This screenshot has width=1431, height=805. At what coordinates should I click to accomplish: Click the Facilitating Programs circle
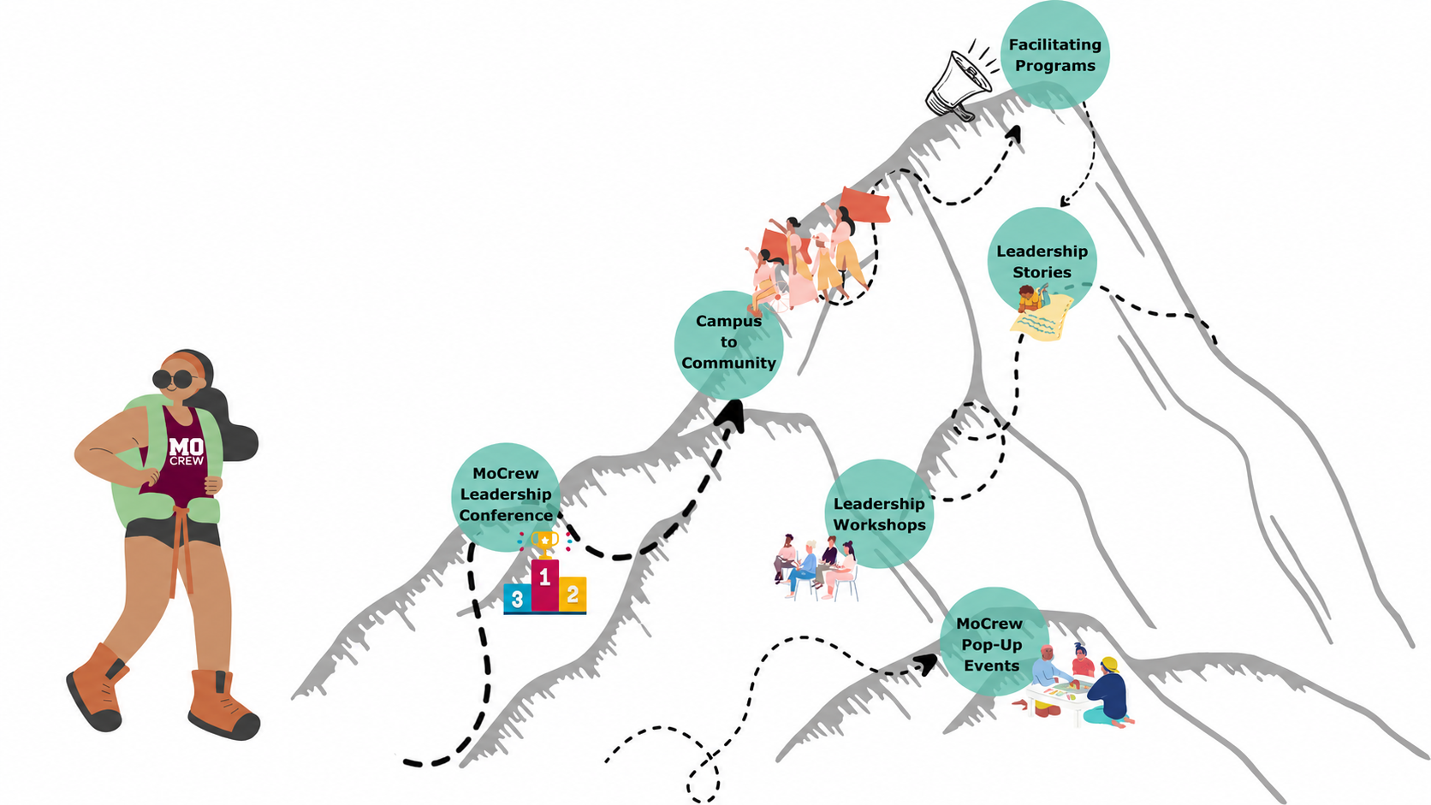[x=1054, y=55]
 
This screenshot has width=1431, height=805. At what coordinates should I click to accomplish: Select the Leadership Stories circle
[x=1042, y=262]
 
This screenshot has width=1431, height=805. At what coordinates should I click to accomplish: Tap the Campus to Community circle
[x=729, y=345]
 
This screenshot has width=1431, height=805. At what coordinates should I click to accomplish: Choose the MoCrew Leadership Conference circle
[x=506, y=497]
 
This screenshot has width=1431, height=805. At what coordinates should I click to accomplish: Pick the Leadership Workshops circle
[x=879, y=514]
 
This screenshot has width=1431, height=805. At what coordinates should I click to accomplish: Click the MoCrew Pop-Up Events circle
[x=995, y=642]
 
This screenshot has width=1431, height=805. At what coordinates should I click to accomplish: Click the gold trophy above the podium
[x=544, y=544]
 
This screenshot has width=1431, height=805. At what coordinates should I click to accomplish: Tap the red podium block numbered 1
[x=545, y=585]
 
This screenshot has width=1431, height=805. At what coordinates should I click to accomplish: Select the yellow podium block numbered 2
[x=573, y=595]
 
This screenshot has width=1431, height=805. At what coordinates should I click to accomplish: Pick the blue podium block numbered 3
[x=518, y=598]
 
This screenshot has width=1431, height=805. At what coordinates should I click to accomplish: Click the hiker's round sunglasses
[x=173, y=380]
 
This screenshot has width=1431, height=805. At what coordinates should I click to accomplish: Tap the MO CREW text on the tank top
[x=187, y=451]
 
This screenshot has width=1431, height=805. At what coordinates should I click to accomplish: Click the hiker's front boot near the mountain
[x=223, y=705]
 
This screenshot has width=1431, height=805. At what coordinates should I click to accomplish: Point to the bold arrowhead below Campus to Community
[x=732, y=416]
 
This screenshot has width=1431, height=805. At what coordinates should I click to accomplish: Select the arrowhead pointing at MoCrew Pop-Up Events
[x=926, y=666]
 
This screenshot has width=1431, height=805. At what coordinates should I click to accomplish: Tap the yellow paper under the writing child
[x=1042, y=318]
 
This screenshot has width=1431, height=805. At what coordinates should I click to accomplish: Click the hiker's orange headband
[x=188, y=361]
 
